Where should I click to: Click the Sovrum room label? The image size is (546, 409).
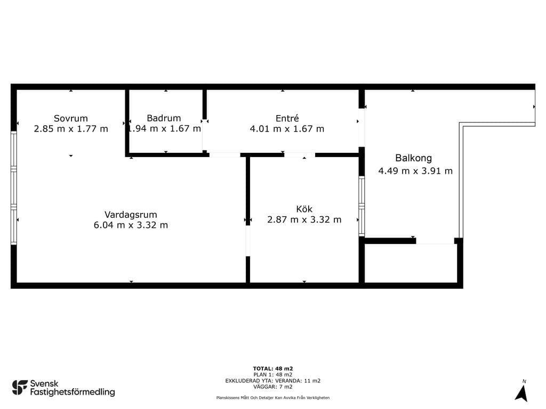click(71, 118)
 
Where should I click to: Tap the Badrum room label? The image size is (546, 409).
click(164, 118)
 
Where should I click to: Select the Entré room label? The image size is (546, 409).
click(287, 118)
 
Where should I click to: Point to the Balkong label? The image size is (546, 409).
click(413, 158)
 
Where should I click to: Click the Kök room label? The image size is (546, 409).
click(304, 209)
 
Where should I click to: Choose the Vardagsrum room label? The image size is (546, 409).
click(131, 215)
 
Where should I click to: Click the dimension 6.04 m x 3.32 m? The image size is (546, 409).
click(131, 225)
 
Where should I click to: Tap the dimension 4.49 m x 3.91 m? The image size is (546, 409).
click(415, 171)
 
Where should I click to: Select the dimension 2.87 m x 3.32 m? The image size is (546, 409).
click(304, 219)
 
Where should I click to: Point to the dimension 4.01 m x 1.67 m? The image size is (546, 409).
click(287, 129)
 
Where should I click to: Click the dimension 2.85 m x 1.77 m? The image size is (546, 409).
click(71, 129)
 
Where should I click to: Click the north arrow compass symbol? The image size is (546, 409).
click(521, 393)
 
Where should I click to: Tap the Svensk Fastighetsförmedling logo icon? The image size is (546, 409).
click(20, 388)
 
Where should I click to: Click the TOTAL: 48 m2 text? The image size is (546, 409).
click(273, 369)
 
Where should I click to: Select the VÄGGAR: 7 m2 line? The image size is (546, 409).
click(273, 387)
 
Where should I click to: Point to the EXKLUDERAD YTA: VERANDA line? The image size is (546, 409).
click(273, 381)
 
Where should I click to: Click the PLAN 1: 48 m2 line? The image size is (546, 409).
click(273, 375)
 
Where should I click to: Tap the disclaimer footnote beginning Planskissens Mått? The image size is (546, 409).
click(273, 397)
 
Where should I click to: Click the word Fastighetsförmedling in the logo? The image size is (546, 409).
click(73, 392)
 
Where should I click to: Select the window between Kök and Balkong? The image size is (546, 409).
click(362, 206)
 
